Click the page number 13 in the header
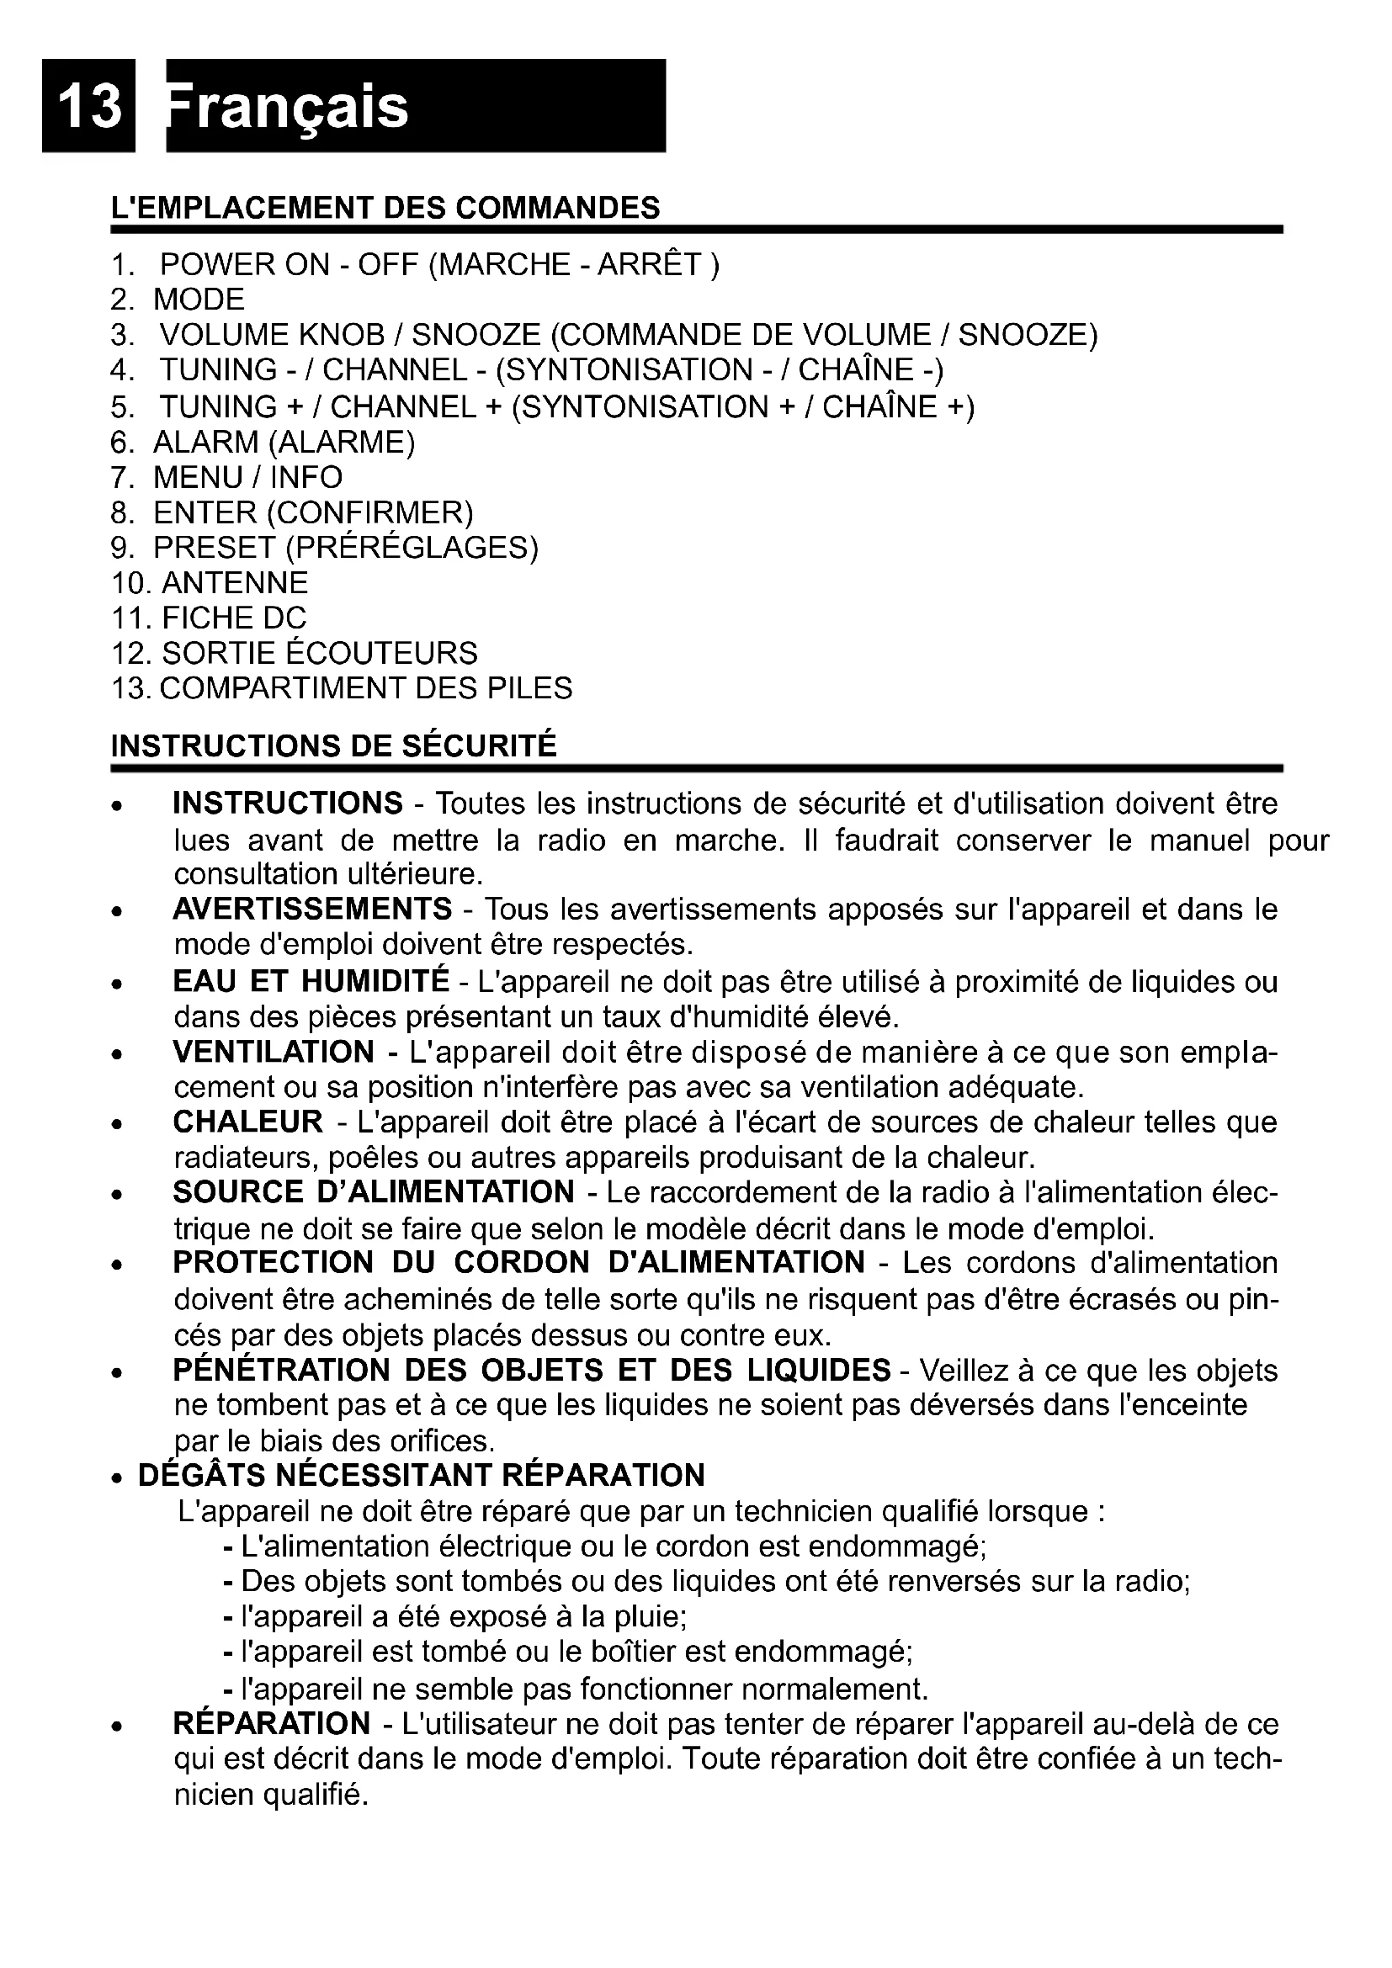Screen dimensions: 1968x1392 [x=89, y=106]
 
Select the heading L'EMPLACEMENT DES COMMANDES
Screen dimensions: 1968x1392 [x=385, y=209]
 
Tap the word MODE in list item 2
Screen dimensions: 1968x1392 [x=199, y=300]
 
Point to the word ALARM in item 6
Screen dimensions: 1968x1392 [x=205, y=443]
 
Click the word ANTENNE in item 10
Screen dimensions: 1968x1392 [x=235, y=584]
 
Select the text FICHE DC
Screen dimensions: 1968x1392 [x=234, y=619]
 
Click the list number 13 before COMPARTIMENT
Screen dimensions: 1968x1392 [x=130, y=689]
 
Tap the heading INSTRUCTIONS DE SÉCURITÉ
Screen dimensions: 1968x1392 [x=334, y=746]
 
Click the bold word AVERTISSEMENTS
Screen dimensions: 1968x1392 [x=312, y=910]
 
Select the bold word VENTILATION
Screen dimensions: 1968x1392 [x=274, y=1052]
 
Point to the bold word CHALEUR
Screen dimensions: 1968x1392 [x=247, y=1122]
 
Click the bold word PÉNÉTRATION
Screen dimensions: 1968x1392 [x=281, y=1371]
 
